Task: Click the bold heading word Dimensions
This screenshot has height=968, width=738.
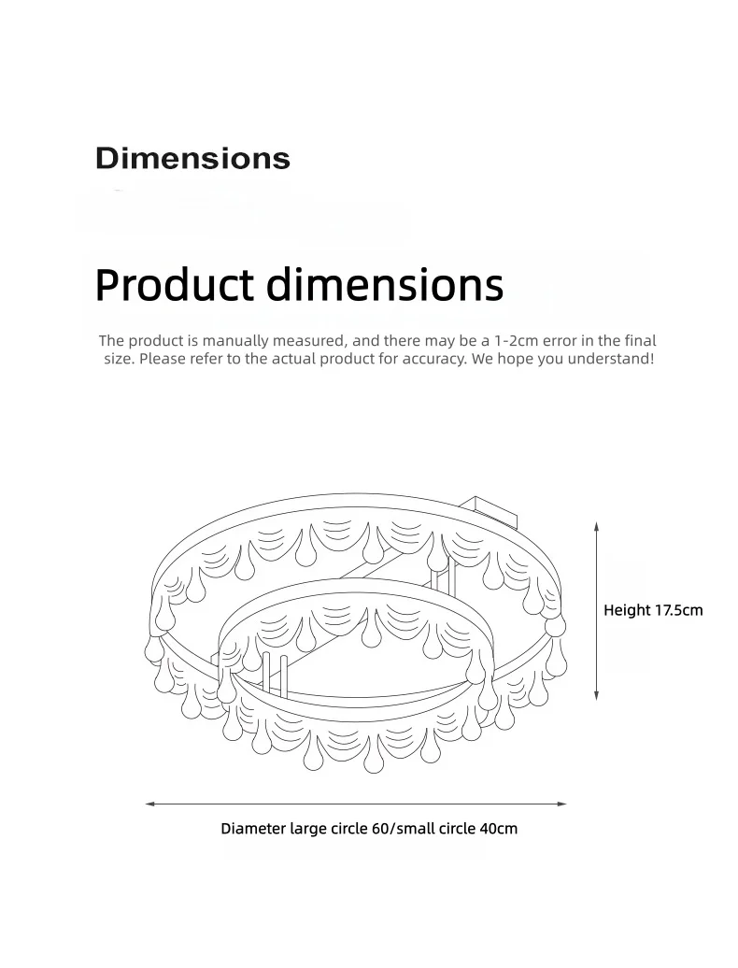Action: point(192,159)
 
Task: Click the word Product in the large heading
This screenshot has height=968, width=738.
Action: point(174,285)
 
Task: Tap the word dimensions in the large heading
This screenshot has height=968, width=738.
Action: point(385,285)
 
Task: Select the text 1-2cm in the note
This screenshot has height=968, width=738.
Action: point(517,340)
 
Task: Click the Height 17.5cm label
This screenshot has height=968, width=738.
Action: point(653,610)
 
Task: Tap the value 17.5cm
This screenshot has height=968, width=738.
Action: point(679,610)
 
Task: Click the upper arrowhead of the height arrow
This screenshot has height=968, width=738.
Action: point(597,527)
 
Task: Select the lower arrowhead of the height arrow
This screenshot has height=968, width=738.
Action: point(597,695)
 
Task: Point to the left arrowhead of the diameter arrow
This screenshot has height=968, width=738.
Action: point(150,804)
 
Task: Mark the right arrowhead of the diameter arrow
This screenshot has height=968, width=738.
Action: point(561,804)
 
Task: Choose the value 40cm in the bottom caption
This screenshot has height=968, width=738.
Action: point(499,829)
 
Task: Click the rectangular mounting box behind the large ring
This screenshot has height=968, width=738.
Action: point(489,510)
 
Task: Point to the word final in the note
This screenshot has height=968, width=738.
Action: point(641,340)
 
